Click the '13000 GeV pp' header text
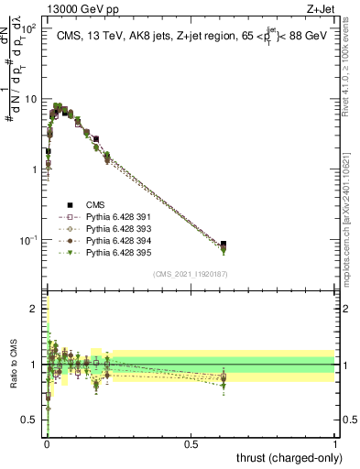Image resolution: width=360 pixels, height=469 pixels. click(x=82, y=8)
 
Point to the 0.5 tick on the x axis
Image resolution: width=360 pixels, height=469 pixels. click(x=191, y=444)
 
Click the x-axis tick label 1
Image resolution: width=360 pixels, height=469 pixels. click(x=336, y=444)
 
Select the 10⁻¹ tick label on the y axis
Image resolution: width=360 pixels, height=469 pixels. click(x=27, y=240)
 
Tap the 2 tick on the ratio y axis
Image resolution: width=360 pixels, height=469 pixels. click(x=36, y=309)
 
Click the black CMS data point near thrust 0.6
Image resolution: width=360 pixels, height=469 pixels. click(x=224, y=245)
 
